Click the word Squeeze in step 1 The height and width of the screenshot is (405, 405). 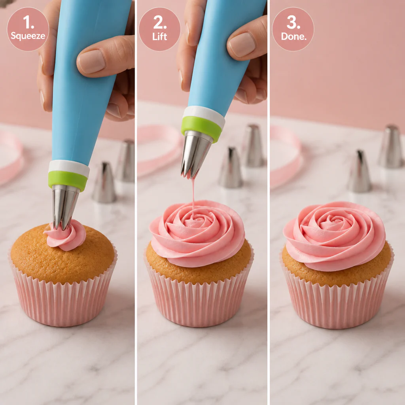[28, 36]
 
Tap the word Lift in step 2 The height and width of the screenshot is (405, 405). [159, 36]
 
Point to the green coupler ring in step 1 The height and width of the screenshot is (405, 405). [68, 180]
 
